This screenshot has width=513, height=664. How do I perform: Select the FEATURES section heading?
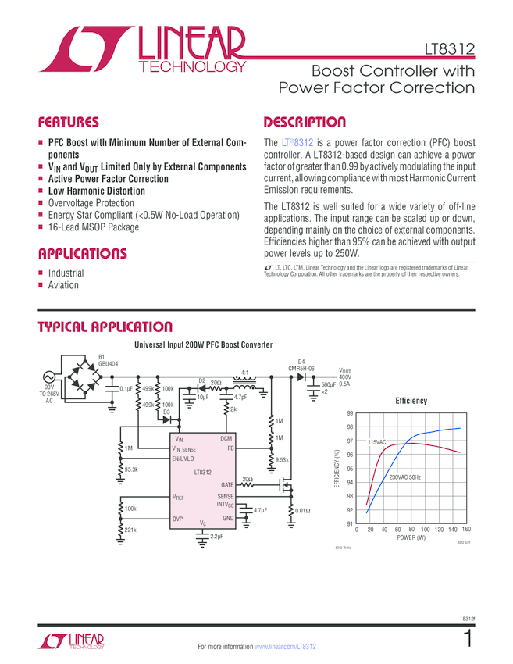point(69,123)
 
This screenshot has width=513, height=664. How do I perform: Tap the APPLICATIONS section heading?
point(82,254)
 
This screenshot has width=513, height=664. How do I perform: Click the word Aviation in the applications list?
point(63,285)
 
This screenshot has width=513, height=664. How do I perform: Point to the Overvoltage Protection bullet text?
point(91,203)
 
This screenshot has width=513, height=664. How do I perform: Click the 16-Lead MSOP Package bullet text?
point(93,227)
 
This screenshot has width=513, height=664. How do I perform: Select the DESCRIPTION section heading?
point(305,123)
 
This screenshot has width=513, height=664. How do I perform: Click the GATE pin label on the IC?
point(226,484)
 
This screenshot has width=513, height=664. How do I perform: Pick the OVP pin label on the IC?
point(179,518)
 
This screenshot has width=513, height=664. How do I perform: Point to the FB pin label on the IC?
point(230,448)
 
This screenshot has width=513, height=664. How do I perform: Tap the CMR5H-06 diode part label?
point(301,368)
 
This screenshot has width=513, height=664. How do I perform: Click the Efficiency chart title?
point(411,401)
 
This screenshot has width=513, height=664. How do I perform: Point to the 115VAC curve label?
point(376,442)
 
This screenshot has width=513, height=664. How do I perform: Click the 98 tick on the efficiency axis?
point(350,427)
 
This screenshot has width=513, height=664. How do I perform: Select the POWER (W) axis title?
point(411,538)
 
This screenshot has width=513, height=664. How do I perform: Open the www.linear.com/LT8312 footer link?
point(285,648)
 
